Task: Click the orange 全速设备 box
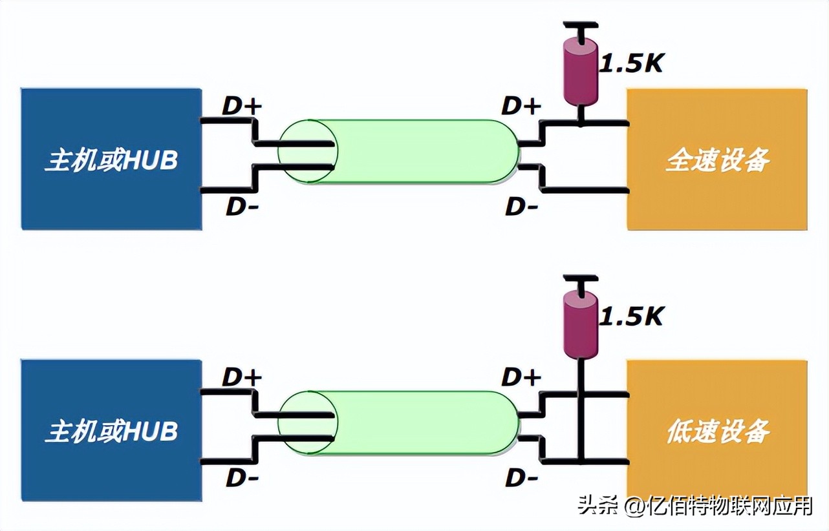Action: (x=716, y=160)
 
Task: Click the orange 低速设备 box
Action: (x=716, y=431)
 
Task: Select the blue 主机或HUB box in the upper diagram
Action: (x=111, y=160)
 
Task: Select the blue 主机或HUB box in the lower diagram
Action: (x=111, y=431)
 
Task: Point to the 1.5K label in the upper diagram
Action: (x=632, y=63)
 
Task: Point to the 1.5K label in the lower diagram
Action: (x=632, y=316)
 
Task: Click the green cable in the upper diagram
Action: (x=414, y=151)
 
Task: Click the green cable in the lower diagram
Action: (x=414, y=422)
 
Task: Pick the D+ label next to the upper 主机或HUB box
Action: (x=242, y=107)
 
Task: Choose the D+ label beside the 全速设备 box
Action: (x=521, y=107)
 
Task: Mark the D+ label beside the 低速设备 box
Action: (x=521, y=377)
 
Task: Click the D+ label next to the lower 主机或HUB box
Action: (x=242, y=377)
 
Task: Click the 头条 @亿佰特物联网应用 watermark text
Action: (x=694, y=506)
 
